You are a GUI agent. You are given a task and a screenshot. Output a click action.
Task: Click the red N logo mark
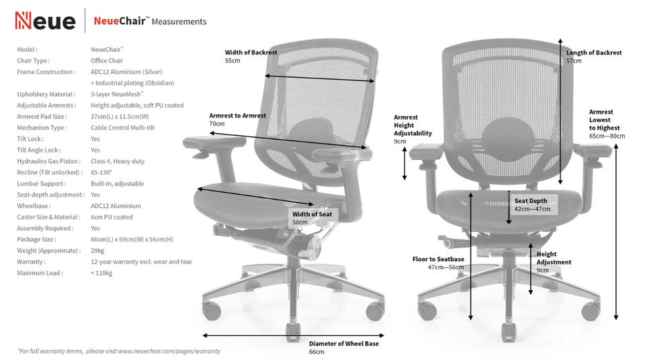(23, 21)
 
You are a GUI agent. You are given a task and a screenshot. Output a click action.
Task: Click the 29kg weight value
(97, 251)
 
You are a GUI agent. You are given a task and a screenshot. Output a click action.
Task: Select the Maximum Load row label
(40, 273)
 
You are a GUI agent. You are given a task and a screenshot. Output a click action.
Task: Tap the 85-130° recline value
(101, 173)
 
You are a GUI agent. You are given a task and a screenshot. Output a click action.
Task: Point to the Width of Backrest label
(251, 52)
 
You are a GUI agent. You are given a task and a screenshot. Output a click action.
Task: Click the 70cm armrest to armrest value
(217, 124)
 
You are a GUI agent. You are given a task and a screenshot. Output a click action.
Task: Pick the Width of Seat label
(312, 214)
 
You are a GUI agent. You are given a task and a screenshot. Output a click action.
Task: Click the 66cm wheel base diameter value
(316, 352)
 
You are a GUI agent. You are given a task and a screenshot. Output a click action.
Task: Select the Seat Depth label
(531, 201)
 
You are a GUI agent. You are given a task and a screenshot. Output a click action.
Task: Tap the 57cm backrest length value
(574, 61)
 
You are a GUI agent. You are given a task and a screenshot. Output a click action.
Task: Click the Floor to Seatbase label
(438, 259)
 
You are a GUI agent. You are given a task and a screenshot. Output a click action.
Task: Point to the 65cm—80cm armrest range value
(607, 136)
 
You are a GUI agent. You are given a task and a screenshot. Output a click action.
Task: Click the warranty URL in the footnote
(169, 351)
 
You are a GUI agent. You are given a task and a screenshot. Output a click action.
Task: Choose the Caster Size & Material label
(48, 217)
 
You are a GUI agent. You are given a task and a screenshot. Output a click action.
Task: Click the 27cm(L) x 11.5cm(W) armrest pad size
(120, 116)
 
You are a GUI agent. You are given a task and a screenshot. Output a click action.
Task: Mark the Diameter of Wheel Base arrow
(294, 336)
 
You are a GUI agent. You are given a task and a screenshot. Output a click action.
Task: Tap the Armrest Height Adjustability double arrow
(404, 163)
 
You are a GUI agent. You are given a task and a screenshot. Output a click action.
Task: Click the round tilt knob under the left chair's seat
(314, 248)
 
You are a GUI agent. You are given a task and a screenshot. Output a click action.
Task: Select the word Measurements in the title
(179, 21)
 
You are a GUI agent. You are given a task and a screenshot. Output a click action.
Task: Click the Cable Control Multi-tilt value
(122, 128)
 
